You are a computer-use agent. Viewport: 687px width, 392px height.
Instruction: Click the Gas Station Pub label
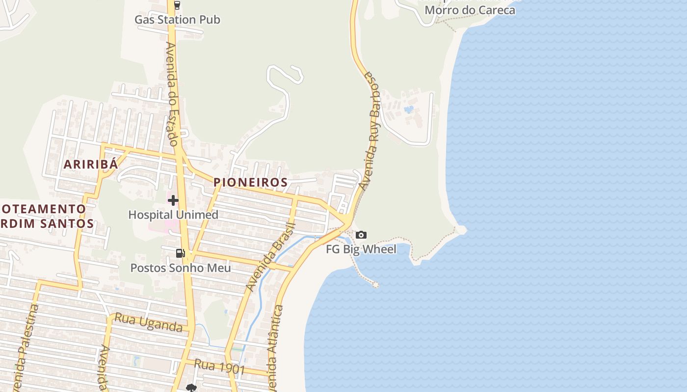tap(177, 20)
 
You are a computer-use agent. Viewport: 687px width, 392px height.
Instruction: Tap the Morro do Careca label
tap(470, 10)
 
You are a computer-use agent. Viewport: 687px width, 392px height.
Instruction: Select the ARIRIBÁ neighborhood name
tap(91, 164)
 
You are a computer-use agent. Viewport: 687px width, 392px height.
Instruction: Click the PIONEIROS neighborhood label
tap(250, 182)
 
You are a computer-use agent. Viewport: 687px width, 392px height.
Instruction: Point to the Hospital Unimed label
tap(173, 215)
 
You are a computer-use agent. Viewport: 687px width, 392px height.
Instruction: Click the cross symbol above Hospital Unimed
tap(173, 200)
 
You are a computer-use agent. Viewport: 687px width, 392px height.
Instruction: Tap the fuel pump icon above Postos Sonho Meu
tap(180, 253)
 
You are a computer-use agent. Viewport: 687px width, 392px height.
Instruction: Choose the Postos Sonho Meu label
tap(180, 268)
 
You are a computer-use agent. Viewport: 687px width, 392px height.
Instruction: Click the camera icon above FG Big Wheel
tap(361, 235)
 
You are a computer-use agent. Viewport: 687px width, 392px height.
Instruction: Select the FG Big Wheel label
tap(361, 249)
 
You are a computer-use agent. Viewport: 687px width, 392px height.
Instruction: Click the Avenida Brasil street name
tap(270, 257)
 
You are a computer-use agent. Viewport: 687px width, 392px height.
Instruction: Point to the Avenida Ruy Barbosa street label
tap(371, 131)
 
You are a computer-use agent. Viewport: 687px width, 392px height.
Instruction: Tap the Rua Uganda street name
tap(148, 323)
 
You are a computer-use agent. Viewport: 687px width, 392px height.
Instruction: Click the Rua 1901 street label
tap(219, 367)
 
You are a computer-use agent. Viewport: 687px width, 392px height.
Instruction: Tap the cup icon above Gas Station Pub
tap(177, 6)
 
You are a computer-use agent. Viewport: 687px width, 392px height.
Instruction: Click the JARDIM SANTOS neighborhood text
tap(47, 223)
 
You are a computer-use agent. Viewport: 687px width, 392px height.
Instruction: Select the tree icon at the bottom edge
tap(191, 388)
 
